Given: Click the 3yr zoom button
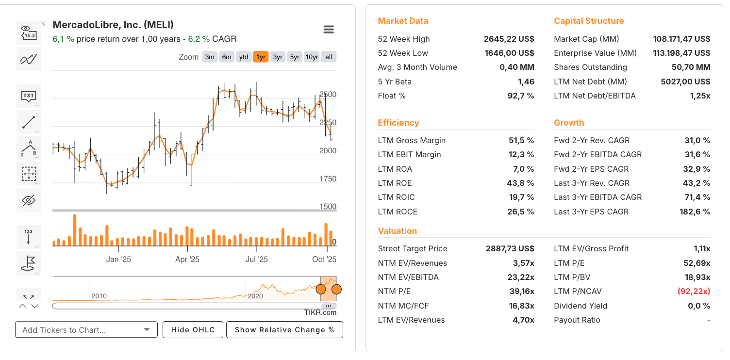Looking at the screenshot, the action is (278, 57).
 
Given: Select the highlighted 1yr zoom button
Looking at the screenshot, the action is (261, 57).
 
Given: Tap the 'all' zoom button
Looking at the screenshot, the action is (329, 57).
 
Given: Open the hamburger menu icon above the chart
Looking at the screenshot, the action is (329, 30).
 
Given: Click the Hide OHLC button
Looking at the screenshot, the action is (193, 330).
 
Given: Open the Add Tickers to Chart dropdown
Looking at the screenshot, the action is (86, 330).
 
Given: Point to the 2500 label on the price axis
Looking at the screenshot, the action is (328, 95).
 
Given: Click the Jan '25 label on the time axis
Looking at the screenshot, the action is (118, 260).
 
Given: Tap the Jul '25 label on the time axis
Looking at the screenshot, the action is (256, 260).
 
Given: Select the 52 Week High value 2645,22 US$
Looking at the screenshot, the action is (509, 39).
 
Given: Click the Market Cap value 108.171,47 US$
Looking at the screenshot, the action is (681, 39).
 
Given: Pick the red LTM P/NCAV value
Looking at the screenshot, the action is (694, 291).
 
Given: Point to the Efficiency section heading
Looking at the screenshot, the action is (398, 123).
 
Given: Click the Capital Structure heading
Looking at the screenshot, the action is (589, 21).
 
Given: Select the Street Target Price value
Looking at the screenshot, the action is (510, 248).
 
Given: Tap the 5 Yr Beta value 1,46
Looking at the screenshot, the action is (526, 82).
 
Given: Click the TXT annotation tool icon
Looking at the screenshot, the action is (29, 96).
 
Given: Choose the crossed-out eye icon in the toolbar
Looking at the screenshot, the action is (29, 200).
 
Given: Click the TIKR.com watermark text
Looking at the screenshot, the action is (320, 313).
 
